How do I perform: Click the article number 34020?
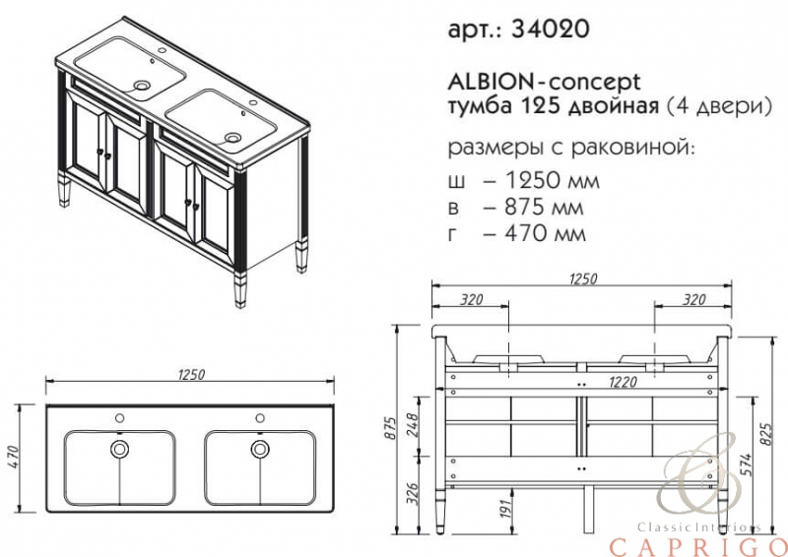point(550,29)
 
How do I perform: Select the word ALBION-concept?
point(545,81)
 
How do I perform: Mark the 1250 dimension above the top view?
point(191,374)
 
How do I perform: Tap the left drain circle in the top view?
point(119,449)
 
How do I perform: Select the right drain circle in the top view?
point(260,449)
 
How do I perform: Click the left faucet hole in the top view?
point(119,418)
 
